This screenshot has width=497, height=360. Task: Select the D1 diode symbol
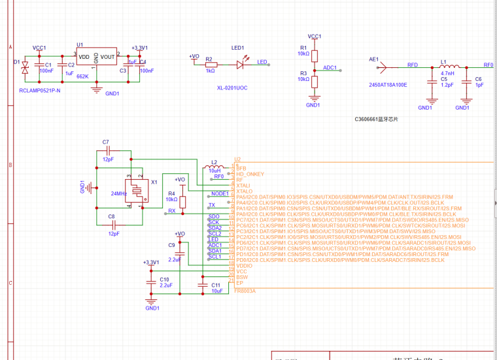(x=25, y=67)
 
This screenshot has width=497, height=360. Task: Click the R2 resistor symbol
(x=210, y=64)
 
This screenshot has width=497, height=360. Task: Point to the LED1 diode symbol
(x=241, y=64)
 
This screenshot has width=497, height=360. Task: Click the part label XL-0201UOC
(x=231, y=88)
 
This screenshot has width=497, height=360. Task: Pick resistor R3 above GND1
(x=314, y=81)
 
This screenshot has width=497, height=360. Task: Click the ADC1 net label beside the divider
(x=330, y=67)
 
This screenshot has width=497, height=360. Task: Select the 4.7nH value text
(x=448, y=73)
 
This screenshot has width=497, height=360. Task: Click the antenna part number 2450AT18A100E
(x=388, y=85)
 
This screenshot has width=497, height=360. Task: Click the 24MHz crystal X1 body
(x=135, y=191)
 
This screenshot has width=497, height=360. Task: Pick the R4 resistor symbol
(x=182, y=201)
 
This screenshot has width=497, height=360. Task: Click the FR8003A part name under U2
(x=245, y=290)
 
